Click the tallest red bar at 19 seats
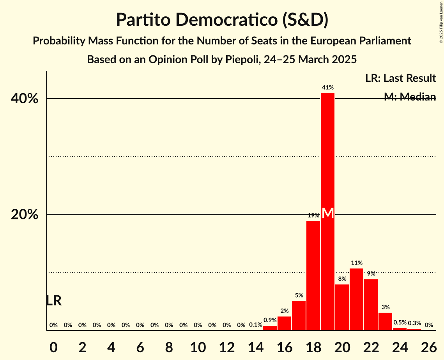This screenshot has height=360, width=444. (x=328, y=156)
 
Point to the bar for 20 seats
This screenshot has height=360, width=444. (x=342, y=307)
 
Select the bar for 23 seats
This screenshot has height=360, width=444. (x=385, y=321)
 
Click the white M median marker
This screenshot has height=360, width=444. (x=328, y=213)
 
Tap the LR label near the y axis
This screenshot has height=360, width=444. (x=53, y=300)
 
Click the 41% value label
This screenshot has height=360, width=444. (x=328, y=88)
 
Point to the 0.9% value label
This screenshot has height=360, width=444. (x=270, y=320)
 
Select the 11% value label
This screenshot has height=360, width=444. (x=356, y=263)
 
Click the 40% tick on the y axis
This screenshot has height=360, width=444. (x=25, y=99)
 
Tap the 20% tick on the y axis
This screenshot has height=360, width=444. (x=25, y=215)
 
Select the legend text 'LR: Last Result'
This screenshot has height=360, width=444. (x=400, y=78)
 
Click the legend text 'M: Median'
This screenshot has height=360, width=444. (x=410, y=97)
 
